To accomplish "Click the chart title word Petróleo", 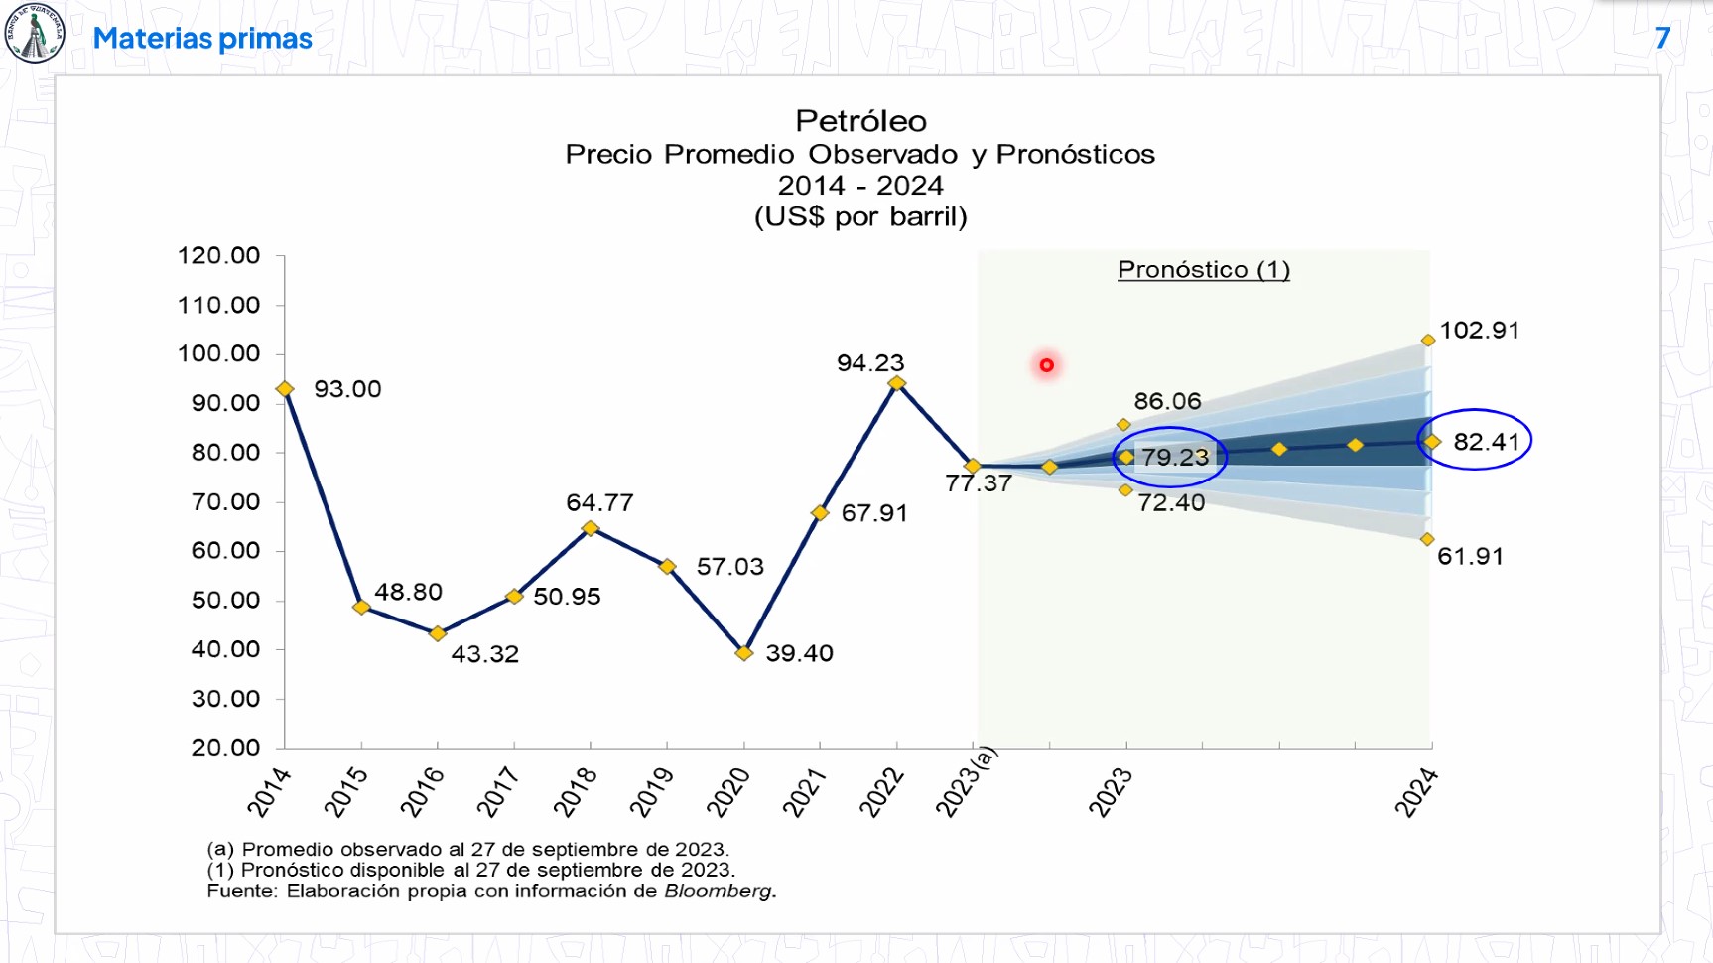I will (860, 121).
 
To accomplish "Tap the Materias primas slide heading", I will (202, 39).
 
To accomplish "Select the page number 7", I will (1662, 39).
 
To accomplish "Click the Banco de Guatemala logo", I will (35, 33).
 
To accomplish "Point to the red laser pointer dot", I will (1046, 365).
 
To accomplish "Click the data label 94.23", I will (870, 363).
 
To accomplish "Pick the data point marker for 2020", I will (744, 653).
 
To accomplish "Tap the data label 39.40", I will (799, 653).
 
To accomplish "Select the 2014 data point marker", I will (285, 389).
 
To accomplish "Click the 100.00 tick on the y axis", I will (218, 354).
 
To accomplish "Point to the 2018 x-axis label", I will (576, 791).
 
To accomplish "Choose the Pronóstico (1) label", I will (1203, 270).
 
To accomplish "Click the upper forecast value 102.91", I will (1479, 331).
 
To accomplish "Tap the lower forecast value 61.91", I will (1470, 556).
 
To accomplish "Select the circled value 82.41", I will (1486, 442).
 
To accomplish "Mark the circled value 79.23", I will (1175, 458).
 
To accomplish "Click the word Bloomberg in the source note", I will (718, 892).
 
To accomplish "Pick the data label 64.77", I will (599, 503).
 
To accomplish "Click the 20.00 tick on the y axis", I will (225, 748).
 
